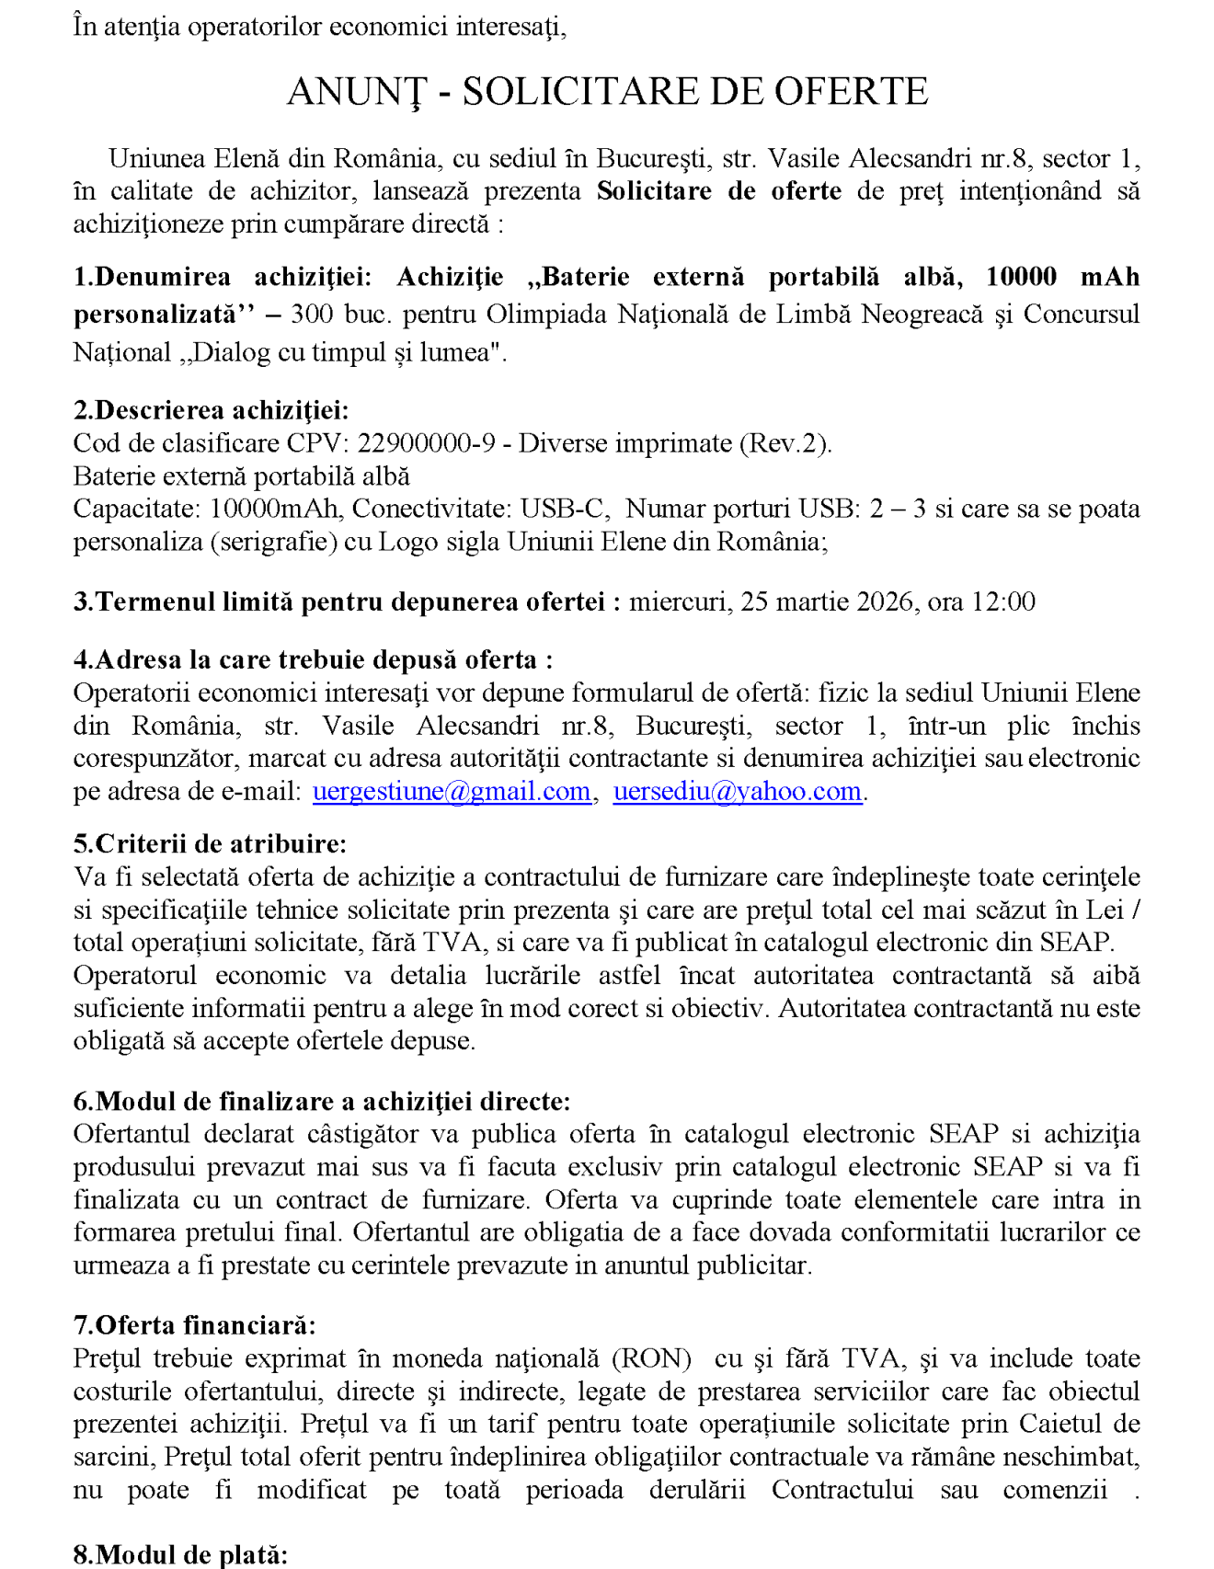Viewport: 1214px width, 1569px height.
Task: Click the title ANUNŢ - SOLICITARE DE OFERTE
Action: tap(607, 91)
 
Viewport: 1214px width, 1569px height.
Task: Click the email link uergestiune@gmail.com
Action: tap(452, 791)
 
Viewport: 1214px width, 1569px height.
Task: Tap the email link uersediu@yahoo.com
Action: tap(738, 791)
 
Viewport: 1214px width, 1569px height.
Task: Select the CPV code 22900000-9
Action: tap(426, 443)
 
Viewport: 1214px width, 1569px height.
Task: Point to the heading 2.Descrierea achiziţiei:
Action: tap(211, 410)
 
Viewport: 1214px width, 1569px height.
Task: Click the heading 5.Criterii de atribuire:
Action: tap(210, 844)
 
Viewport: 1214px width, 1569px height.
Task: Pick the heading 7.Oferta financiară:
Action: tap(194, 1325)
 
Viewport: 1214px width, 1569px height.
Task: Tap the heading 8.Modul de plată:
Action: tap(180, 1554)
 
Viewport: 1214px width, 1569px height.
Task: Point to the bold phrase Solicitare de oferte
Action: tap(718, 191)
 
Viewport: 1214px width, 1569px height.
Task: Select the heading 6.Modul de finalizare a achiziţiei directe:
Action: tap(322, 1101)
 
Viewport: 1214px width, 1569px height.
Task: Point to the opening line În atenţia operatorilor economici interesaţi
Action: tap(319, 26)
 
